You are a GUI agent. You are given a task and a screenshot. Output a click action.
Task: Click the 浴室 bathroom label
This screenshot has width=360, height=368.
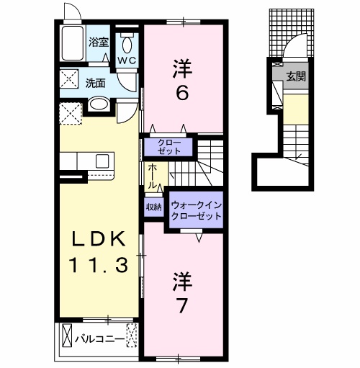pos(99,42)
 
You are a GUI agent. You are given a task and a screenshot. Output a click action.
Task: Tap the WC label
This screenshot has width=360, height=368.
pos(127,60)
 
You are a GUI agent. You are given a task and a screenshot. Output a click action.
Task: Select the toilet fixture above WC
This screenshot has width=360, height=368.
pos(127,40)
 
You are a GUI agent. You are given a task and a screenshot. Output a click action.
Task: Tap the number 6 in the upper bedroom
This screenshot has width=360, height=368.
pos(182,94)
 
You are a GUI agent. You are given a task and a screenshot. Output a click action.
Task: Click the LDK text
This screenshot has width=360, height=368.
pos(100,240)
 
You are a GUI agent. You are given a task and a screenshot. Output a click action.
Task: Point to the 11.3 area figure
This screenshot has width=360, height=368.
pos(100,265)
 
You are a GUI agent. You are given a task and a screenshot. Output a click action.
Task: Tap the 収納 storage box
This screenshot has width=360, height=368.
pos(154,207)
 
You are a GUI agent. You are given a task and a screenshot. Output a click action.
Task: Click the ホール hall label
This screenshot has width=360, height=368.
pos(153,176)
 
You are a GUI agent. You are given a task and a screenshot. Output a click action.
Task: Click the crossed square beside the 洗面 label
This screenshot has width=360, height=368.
pos(70,81)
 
